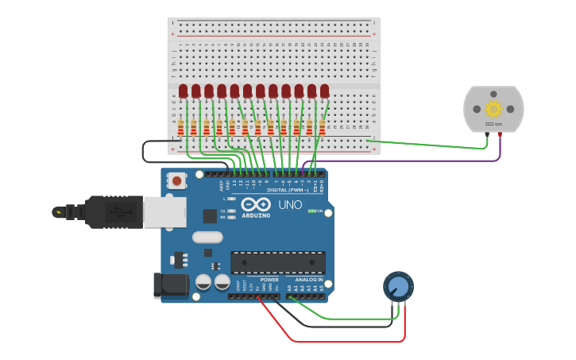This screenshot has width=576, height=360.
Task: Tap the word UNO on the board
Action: pos(289,204)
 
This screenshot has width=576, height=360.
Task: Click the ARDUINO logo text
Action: pos(256,215)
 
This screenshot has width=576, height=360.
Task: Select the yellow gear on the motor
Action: pos(493,109)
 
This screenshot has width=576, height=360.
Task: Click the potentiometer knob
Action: pos(398,287)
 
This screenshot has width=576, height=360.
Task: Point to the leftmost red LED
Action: pos(184,91)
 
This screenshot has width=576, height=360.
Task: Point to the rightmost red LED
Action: pos(324,91)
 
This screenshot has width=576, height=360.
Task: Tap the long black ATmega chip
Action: pos(277,262)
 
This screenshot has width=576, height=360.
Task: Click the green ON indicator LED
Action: pos(313,211)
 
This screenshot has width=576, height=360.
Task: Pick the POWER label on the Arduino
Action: pos(269,280)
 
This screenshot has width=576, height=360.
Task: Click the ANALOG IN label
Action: pos(309,280)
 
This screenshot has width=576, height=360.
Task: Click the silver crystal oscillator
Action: pos(207,237)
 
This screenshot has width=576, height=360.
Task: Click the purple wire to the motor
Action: pos(413,161)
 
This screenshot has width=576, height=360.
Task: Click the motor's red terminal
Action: pos(500,135)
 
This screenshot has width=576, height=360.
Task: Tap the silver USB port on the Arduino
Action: pos(164,212)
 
